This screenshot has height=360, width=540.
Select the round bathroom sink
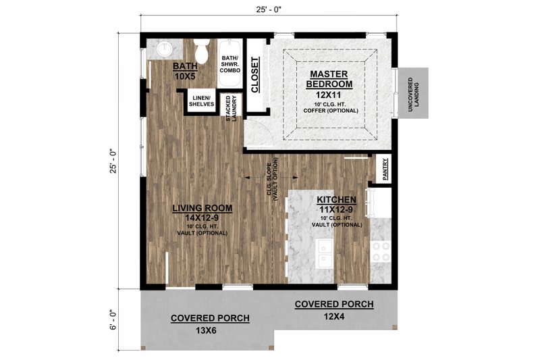coord(165,49)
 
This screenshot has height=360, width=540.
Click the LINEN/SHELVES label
coord(202,101)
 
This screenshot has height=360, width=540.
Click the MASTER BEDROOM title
coord(329,78)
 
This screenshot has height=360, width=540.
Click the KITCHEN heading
coord(337,200)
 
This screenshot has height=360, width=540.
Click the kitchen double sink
coord(325,253)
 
